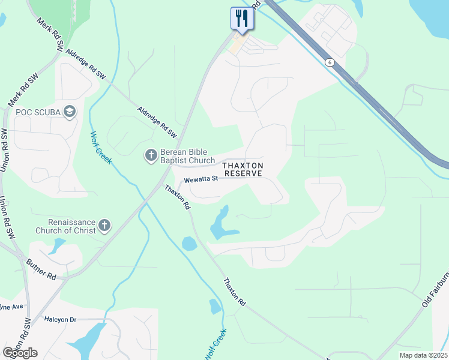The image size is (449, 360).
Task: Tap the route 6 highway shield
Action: tap(329, 62)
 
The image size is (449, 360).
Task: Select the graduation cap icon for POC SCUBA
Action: tap(70, 111)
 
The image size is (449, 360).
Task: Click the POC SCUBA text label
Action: tap(38, 112)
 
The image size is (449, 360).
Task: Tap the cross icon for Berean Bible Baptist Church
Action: tap(151, 156)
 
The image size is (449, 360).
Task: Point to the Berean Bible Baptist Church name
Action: tap(188, 156)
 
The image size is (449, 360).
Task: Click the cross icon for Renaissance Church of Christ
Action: tap(105, 226)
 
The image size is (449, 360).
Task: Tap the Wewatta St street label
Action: tap(201, 179)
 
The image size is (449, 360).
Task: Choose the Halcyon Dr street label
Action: tap(61, 319)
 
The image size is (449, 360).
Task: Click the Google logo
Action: tap(20, 353)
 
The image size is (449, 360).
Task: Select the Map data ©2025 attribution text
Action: tap(423, 355)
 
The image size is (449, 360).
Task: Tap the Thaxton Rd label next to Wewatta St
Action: tap(178, 197)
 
